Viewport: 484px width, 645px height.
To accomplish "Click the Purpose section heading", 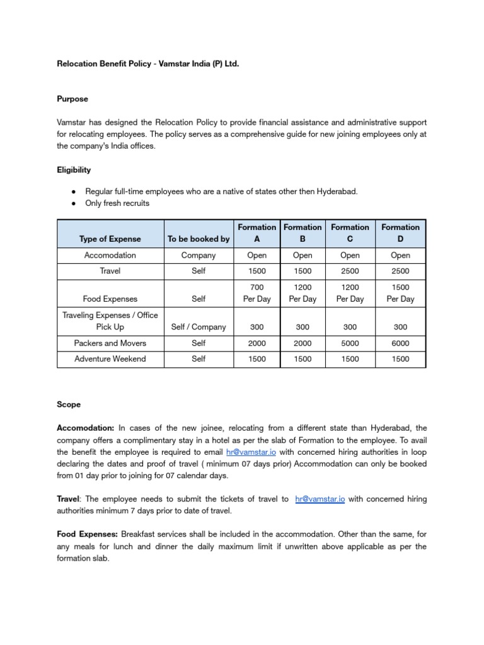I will point(72,99).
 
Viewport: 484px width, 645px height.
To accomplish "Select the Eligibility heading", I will point(74,169).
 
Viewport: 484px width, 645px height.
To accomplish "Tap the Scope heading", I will point(69,404).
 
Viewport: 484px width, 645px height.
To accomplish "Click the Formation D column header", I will point(400,232).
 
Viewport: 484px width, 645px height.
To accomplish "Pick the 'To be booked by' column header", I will point(199,239).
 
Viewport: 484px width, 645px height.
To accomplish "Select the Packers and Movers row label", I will point(110,343).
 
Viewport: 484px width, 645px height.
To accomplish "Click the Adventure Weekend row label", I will point(110,359).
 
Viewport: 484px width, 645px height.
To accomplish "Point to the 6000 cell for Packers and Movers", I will point(400,343).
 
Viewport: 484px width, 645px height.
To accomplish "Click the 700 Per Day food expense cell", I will point(256,293).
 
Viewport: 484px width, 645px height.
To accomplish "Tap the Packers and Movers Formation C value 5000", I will point(350,343).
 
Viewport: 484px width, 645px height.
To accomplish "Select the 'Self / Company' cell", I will point(199,327).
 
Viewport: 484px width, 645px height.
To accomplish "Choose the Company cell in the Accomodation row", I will point(199,256).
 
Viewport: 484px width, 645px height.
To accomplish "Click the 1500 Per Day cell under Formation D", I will point(400,293).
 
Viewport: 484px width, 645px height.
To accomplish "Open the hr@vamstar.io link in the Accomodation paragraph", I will point(250,452).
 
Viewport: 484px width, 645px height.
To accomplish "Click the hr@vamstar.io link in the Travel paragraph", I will point(320,499).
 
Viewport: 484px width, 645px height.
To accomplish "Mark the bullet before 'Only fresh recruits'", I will point(74,203).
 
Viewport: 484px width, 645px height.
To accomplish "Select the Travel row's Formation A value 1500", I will point(256,271).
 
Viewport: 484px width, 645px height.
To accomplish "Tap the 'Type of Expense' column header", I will point(110,239).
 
